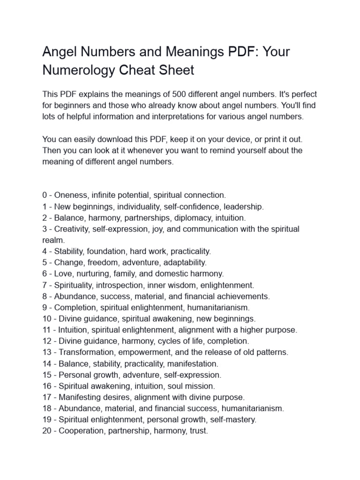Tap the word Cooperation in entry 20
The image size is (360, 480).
81,431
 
